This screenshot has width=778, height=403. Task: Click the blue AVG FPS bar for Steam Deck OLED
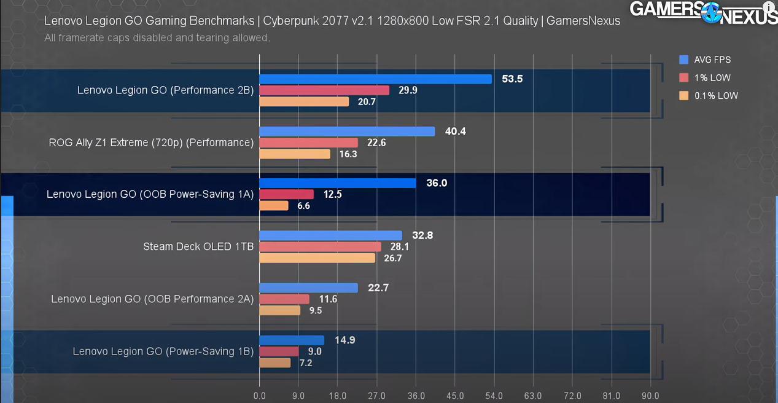(x=330, y=235)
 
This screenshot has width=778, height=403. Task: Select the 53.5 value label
(x=512, y=79)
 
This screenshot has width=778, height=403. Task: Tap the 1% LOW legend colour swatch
(x=683, y=78)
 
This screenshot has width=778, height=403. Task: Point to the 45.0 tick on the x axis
(x=455, y=396)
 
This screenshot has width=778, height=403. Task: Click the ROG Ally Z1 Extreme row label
(x=151, y=143)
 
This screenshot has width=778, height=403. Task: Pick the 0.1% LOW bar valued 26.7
(x=317, y=258)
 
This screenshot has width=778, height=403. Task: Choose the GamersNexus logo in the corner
(x=703, y=12)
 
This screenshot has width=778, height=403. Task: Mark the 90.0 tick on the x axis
(x=650, y=396)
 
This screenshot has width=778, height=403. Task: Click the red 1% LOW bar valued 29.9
(x=324, y=90)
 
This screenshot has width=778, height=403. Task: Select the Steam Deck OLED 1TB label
(x=198, y=247)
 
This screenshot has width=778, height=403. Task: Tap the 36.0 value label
(x=437, y=183)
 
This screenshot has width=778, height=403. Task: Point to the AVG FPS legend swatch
(x=683, y=60)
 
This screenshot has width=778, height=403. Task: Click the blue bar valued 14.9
(x=292, y=340)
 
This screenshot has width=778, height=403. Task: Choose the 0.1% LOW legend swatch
(x=683, y=96)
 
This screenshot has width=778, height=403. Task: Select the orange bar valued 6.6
(x=274, y=206)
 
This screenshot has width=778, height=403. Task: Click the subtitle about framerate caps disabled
(x=157, y=38)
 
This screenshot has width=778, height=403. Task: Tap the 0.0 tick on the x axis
(x=259, y=396)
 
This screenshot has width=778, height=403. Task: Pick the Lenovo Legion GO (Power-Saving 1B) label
(x=163, y=351)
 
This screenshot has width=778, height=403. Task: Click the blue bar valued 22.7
(x=308, y=288)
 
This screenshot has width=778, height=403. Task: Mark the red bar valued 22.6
(x=308, y=143)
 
